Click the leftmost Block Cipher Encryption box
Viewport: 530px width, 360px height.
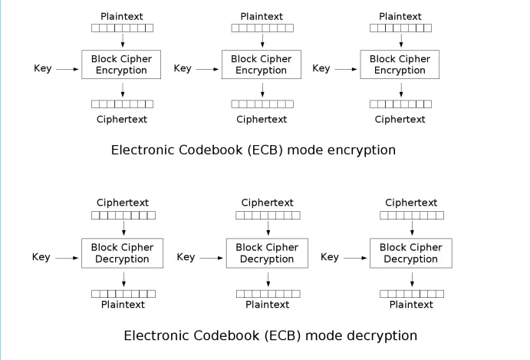click(121, 64)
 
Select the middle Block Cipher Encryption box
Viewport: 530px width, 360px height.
click(261, 64)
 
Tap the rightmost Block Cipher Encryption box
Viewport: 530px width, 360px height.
click(400, 64)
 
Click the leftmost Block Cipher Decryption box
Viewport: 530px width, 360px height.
click(123, 253)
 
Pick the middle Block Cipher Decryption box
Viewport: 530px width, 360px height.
click(267, 253)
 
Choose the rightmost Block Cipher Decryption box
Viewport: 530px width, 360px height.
click(411, 253)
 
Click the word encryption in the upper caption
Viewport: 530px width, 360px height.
click(360, 150)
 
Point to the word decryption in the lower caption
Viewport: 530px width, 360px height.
click(381, 336)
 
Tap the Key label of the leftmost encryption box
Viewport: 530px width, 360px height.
click(43, 69)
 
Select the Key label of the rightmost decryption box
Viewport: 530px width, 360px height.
click(330, 257)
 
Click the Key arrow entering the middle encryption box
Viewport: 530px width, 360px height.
click(206, 70)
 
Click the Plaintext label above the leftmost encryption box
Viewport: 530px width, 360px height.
click(122, 16)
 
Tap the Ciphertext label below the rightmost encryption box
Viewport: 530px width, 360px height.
click(400, 119)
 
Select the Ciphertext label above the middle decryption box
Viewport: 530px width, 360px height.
click(267, 203)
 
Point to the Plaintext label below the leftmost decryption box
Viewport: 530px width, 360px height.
click(123, 305)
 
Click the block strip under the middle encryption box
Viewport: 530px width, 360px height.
click(262, 104)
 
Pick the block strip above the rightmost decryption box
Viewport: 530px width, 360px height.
click(412, 216)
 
